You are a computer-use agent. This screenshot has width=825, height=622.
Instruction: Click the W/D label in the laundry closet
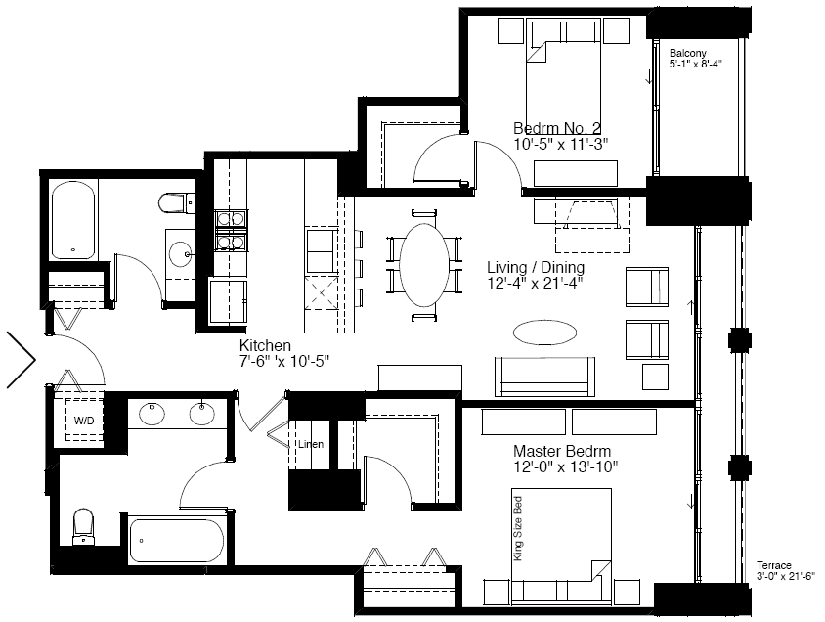[84, 421]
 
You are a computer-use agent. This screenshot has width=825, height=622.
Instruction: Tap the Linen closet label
[311, 444]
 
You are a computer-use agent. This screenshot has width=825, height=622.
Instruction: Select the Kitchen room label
[265, 346]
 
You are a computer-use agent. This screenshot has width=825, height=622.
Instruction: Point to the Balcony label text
[688, 53]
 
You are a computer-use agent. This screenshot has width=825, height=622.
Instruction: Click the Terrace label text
[774, 565]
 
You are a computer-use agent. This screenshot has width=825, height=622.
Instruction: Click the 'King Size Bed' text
[518, 528]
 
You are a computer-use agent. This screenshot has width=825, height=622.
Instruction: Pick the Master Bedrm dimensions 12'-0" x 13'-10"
[566, 466]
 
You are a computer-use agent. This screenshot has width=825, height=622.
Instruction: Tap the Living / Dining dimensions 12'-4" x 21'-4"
[535, 283]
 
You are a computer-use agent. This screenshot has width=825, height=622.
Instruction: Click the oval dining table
[424, 265]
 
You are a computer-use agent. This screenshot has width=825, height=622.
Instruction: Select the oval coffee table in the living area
[544, 333]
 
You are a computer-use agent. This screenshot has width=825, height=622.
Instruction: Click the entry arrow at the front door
[22, 361]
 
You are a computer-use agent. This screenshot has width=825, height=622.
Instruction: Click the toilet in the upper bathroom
[177, 203]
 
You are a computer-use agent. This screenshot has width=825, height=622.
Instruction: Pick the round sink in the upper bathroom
[180, 255]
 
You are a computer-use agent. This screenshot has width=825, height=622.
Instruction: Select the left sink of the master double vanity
[152, 413]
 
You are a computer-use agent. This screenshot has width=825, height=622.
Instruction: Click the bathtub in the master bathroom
[176, 542]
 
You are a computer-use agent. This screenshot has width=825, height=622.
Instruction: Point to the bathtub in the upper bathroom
[73, 220]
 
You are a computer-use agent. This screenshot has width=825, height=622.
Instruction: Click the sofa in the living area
[544, 377]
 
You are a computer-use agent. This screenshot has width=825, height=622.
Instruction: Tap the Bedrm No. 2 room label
[556, 128]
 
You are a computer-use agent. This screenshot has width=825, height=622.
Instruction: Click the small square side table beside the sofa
[655, 377]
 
